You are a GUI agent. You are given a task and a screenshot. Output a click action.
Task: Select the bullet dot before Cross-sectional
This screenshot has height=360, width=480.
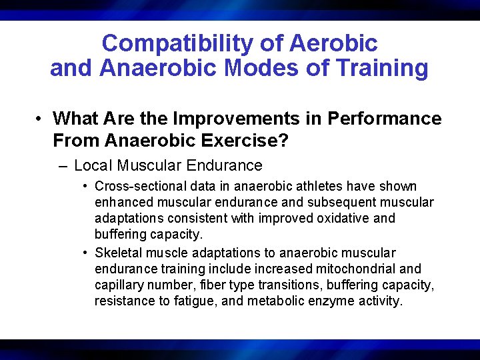[86, 187]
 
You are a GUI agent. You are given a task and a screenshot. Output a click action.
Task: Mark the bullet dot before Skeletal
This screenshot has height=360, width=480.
[86, 253]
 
